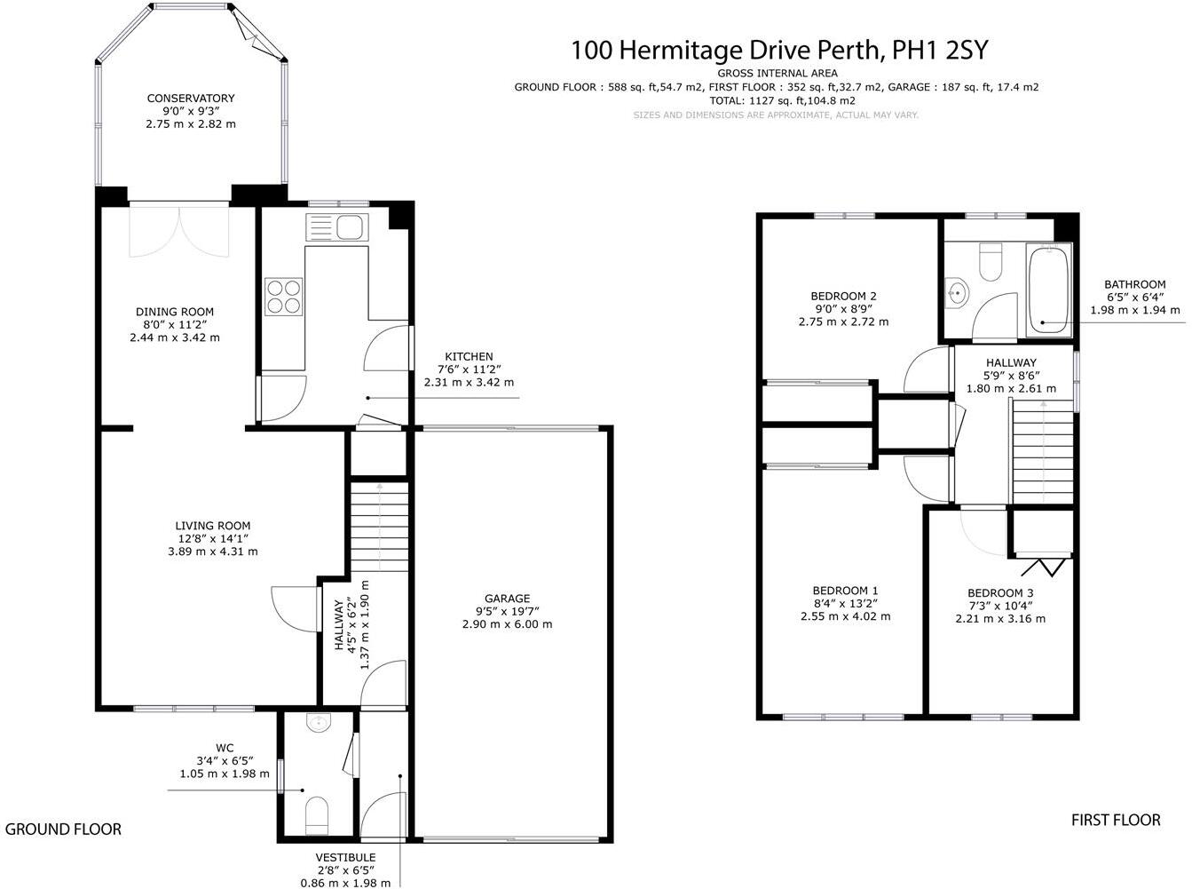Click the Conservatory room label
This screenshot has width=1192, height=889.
click(191, 99)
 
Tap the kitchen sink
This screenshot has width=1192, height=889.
click(336, 226)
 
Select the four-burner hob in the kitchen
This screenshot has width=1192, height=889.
click(283, 296)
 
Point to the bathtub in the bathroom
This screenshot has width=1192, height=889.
click(1048, 290)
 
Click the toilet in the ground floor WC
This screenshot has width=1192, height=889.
click(316, 814)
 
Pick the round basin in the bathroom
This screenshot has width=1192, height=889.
click(957, 290)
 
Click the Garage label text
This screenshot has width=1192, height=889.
click(507, 599)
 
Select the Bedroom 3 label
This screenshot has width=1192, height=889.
click(1000, 593)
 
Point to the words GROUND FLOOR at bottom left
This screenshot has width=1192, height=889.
click(63, 829)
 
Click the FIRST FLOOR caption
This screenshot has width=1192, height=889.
click(1116, 820)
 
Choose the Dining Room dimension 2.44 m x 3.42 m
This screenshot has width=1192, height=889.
click(175, 337)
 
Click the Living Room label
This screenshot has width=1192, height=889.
click(213, 526)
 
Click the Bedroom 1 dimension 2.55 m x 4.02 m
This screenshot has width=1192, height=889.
click(845, 615)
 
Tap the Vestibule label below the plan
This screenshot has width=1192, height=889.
click(345, 857)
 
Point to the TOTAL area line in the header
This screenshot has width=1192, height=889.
click(782, 101)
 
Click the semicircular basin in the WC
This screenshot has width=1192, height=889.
click(317, 723)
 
